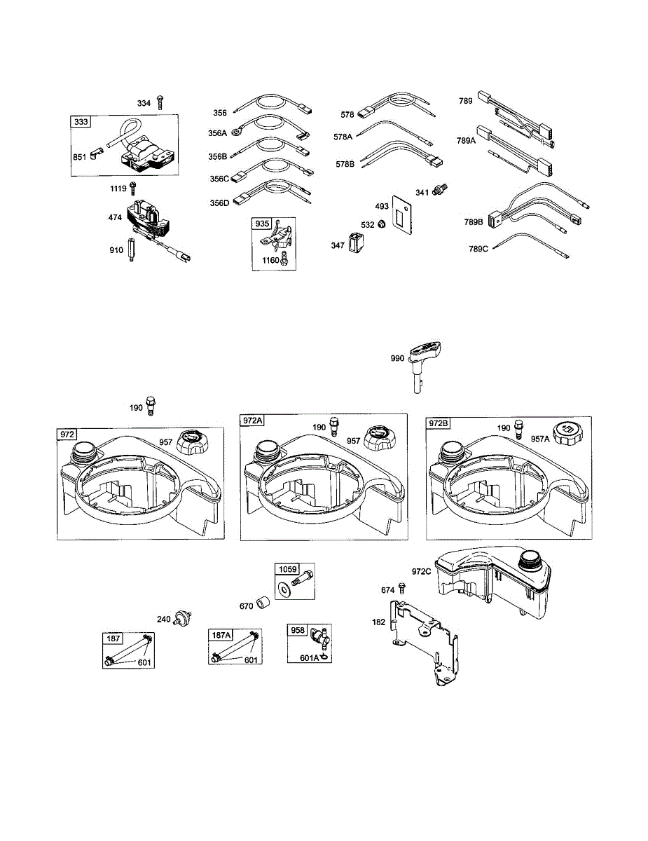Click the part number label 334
click(144, 104)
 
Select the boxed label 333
click(81, 122)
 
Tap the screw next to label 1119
click(133, 188)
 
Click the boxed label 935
click(262, 224)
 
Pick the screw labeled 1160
click(285, 261)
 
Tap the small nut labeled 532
click(382, 224)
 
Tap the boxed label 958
click(298, 630)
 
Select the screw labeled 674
click(401, 588)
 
